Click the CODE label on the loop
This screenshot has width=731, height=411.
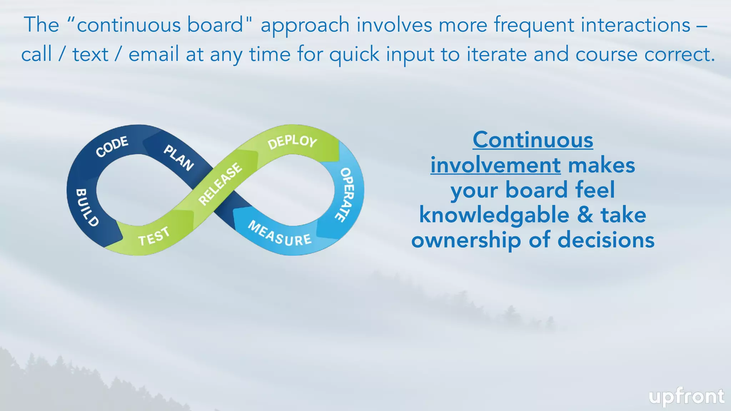coord(112,146)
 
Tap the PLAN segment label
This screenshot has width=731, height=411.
coord(178,158)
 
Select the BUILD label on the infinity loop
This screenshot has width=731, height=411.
coord(87,207)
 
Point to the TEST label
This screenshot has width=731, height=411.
coord(154,237)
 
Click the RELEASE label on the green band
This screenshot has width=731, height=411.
coord(220,184)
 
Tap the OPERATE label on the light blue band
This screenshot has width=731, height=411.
coord(345,194)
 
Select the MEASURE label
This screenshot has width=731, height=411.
coord(279,234)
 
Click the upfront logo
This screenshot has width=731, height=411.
coord(686,397)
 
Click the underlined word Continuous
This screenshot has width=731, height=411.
coord(533,140)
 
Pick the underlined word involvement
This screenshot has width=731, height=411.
coord(495,165)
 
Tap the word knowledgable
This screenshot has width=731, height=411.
coord(494,215)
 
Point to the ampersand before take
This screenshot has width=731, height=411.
coord(585,215)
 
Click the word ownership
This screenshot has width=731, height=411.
coord(466,240)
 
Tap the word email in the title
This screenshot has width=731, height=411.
coord(154,55)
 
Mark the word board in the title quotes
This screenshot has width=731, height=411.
coord(216,25)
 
